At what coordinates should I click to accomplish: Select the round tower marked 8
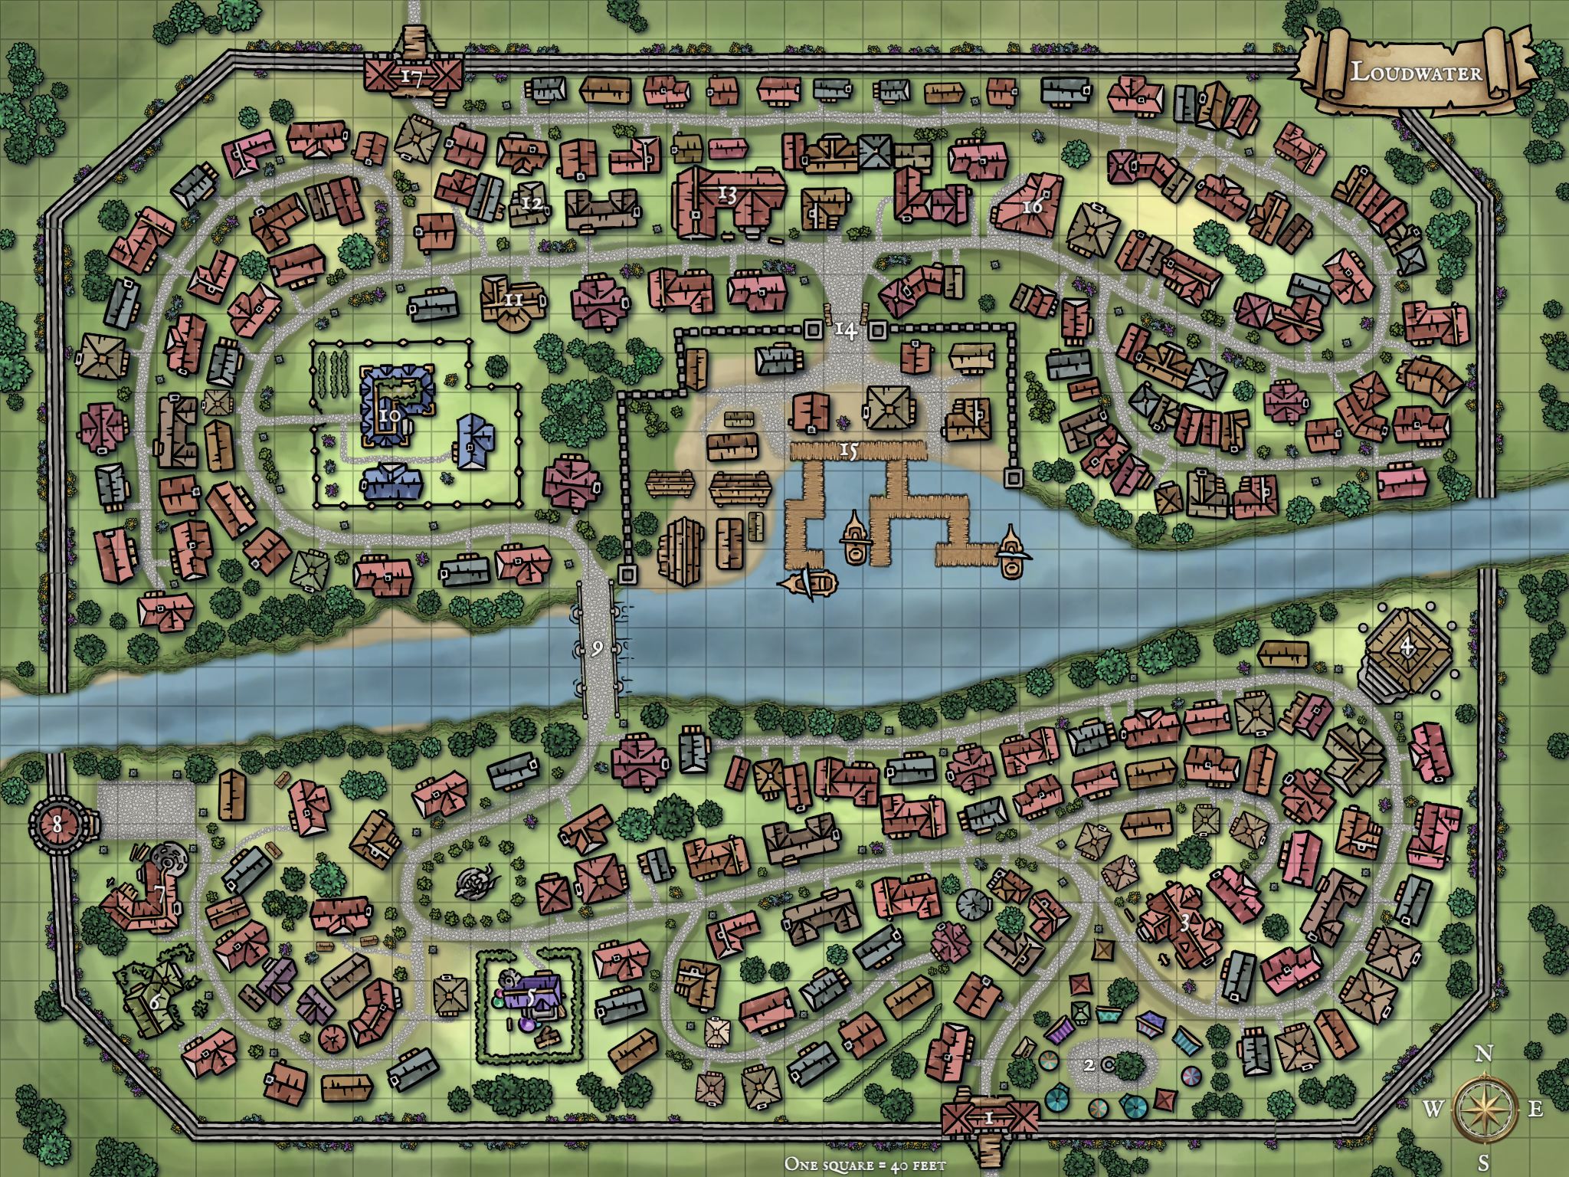click(57, 825)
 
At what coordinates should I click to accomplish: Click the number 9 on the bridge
click(598, 648)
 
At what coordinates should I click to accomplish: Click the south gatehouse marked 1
click(989, 1118)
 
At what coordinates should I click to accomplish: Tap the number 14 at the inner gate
click(845, 330)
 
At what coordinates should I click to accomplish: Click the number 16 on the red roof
click(1032, 207)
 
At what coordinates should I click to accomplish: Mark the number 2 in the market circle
click(1089, 1064)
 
